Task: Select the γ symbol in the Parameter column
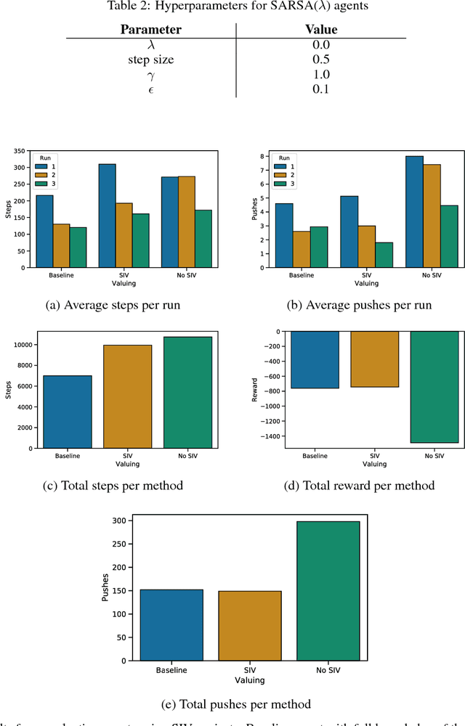(151, 75)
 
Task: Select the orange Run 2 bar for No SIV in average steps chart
(187, 222)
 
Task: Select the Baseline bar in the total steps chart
(67, 412)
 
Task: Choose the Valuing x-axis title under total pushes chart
(249, 680)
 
